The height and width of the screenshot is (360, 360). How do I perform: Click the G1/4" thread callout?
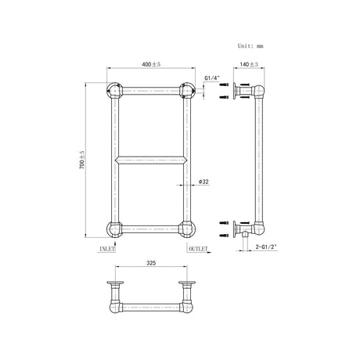pyautogui.click(x=212, y=78)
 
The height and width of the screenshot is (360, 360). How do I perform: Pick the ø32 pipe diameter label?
pyautogui.click(x=203, y=182)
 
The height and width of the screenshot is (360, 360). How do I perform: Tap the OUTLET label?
pyautogui.click(x=198, y=249)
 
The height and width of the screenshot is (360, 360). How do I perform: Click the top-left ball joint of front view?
pyautogui.click(x=112, y=89)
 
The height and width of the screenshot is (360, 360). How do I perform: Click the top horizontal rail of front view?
pyautogui.click(x=149, y=89)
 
